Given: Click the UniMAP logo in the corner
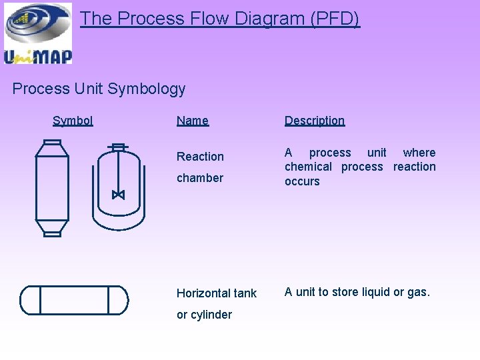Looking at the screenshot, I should click(x=37, y=33).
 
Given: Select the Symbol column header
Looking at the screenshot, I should click(x=73, y=121).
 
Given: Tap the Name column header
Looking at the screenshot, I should click(x=193, y=121).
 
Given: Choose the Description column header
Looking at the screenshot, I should click(x=315, y=121).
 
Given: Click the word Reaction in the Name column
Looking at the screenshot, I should click(x=200, y=157).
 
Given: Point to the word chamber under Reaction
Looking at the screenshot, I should click(x=200, y=178).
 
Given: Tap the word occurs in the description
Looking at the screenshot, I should click(x=302, y=181).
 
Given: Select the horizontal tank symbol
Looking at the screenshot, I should click(x=74, y=300).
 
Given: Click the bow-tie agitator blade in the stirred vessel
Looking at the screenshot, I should click(x=118, y=195).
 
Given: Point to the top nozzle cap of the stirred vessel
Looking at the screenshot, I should click(x=119, y=147).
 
